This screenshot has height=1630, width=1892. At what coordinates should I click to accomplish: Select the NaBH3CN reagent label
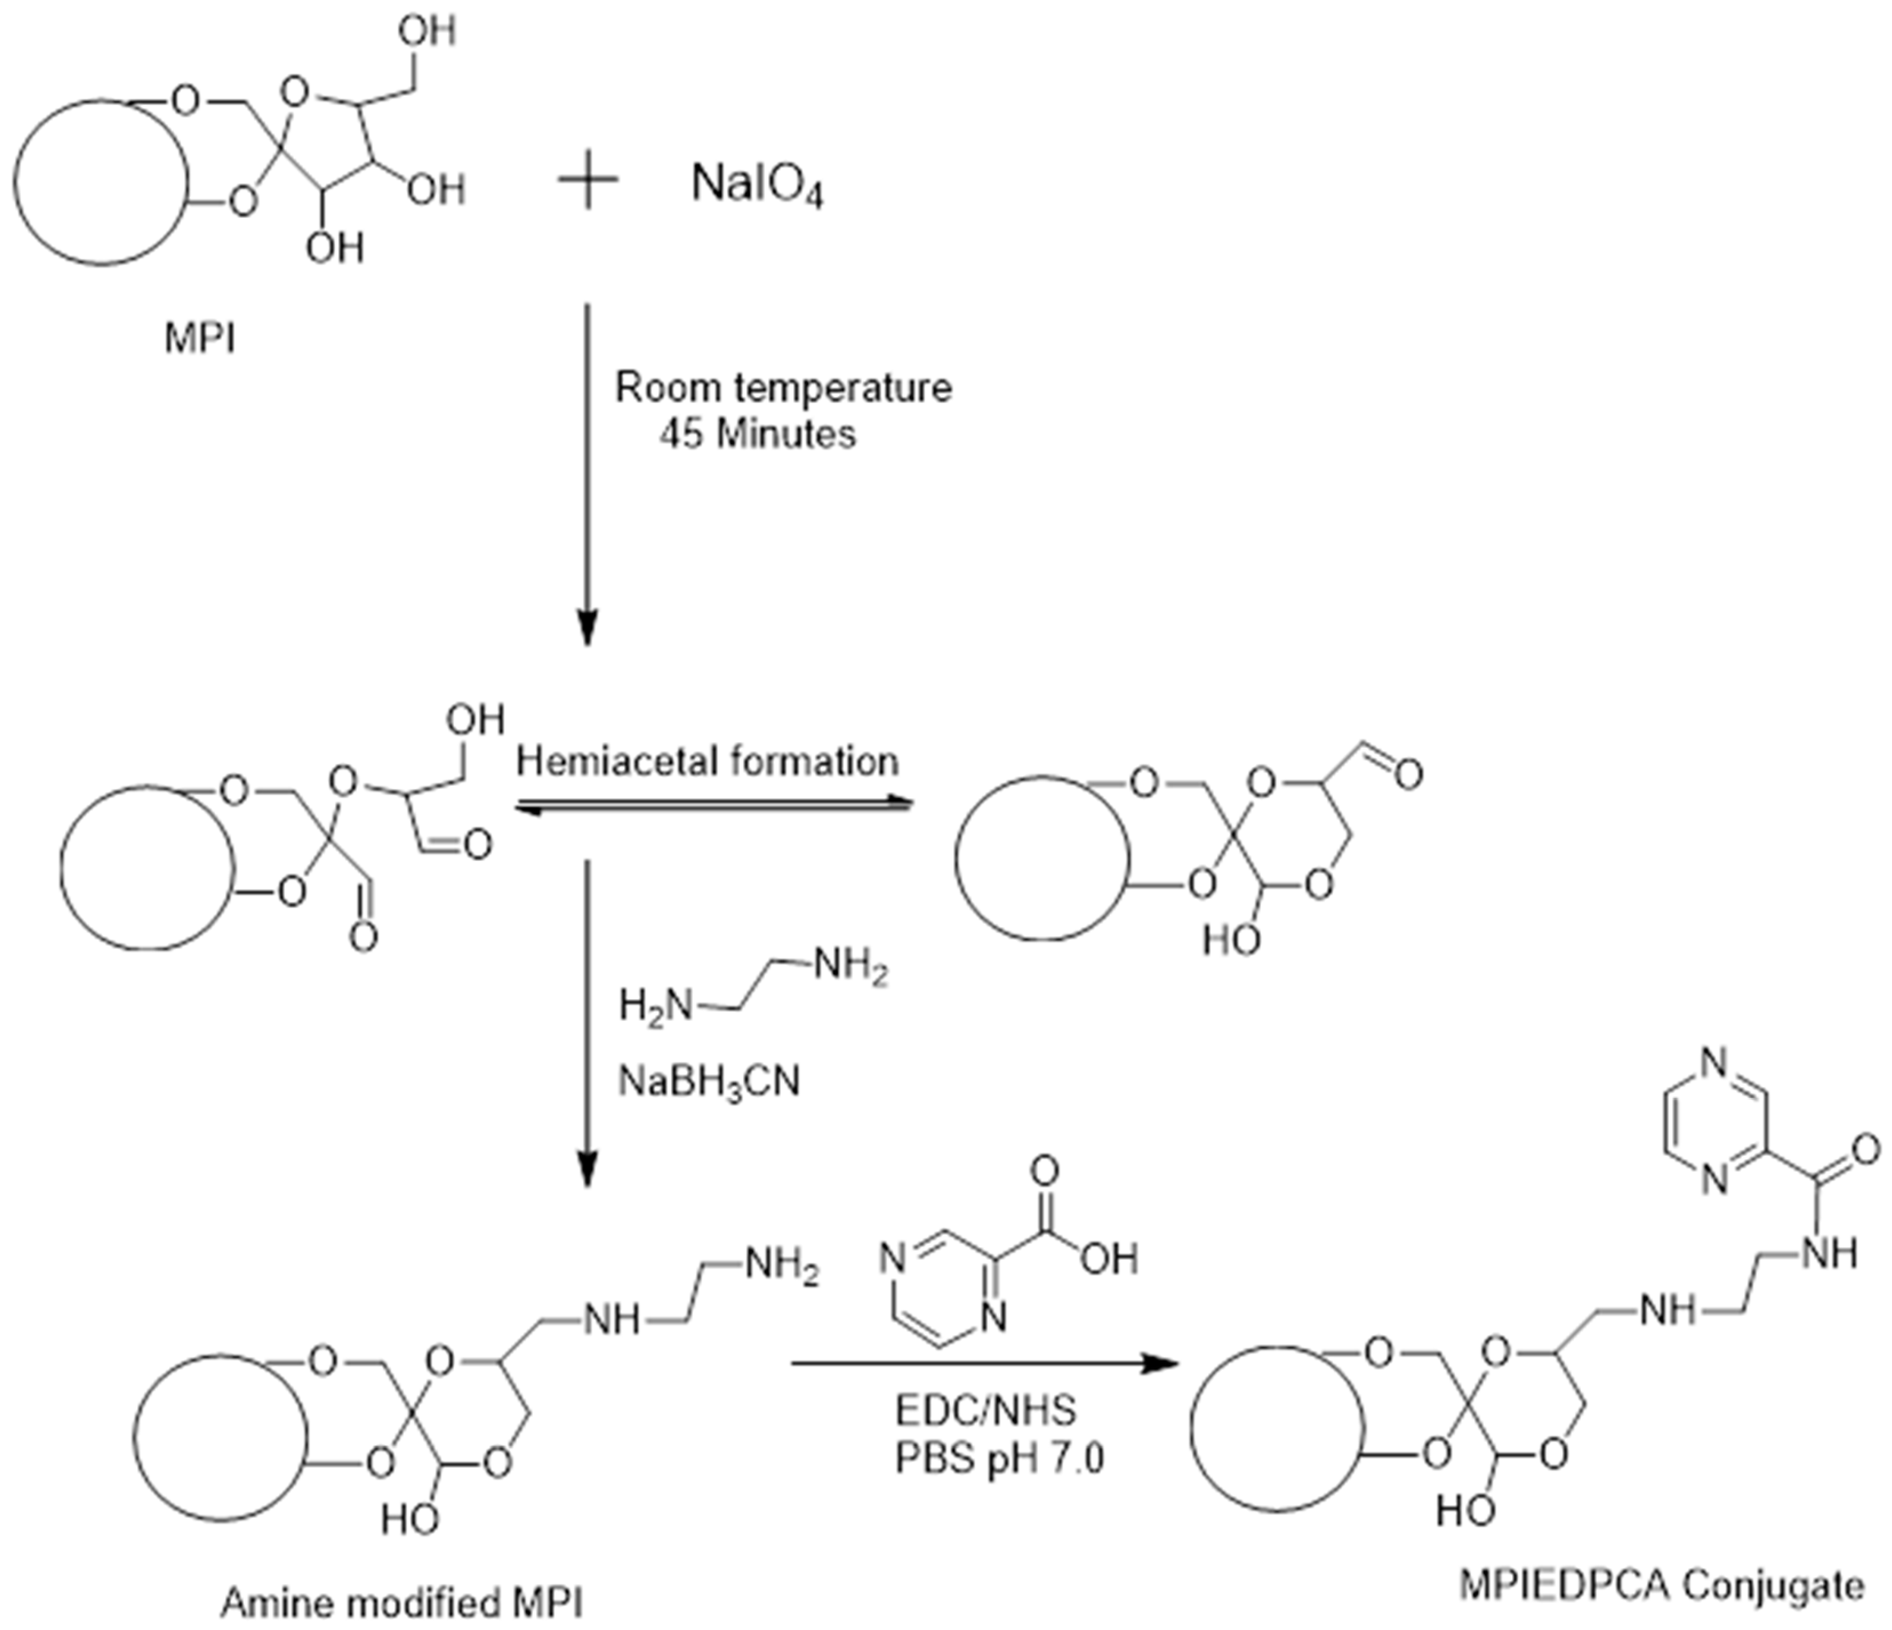(709, 1083)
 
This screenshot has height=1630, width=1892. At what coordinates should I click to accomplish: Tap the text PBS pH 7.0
(999, 1459)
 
